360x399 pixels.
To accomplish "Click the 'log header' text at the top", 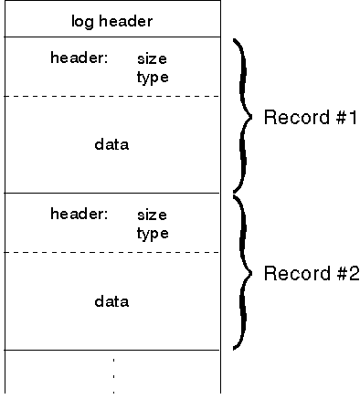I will click(111, 20).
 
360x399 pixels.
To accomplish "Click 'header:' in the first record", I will click(79, 58).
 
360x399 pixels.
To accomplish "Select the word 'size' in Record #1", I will click(152, 58).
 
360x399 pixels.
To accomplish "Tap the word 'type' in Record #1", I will click(153, 77).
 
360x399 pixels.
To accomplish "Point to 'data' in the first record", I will click(111, 144).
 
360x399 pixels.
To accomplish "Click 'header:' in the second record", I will click(79, 215).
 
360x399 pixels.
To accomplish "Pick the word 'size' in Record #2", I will click(152, 215).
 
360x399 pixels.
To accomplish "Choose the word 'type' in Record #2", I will click(153, 233).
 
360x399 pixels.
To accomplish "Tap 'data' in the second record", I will click(111, 300).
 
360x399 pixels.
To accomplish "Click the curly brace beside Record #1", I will click(241, 115).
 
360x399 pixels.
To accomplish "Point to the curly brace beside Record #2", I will click(241, 272).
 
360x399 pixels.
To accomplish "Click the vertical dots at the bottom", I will click(113, 374).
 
